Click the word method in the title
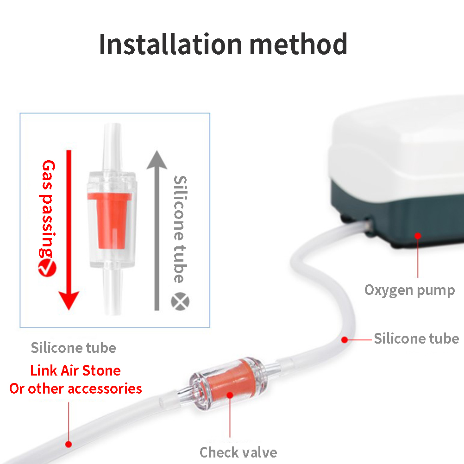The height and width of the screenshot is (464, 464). coord(298,44)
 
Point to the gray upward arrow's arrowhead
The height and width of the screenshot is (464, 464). coord(157,160)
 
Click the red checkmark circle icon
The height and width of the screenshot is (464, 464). coord(47,268)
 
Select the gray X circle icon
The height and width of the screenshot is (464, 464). coord(180,301)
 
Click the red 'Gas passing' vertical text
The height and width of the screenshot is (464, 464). coord(47,209)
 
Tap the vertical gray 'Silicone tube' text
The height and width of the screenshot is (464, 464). coord(180,229)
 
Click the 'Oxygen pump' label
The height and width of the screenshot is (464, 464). coord(409,290)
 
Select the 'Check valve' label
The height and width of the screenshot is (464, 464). coord(238,452)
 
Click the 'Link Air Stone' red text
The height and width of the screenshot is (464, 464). coord(75,370)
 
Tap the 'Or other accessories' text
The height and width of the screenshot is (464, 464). coord(76,389)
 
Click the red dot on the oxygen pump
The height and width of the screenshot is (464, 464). coord(418,236)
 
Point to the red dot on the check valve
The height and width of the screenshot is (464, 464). coord(230,395)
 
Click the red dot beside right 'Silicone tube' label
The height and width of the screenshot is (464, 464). coord(345,340)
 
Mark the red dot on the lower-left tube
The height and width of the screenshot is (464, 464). coord(69,444)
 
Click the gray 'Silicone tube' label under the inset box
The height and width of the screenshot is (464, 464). coord(73,348)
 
